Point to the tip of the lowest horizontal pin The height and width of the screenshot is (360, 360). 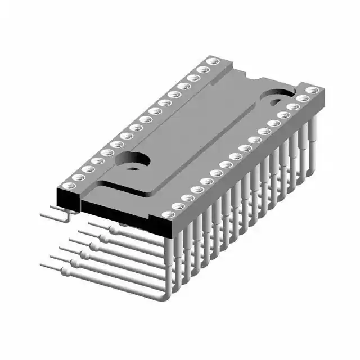42,264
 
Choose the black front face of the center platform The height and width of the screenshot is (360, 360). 118,212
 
